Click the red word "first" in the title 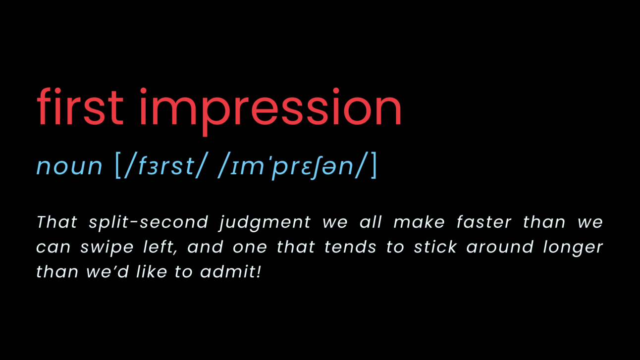pos(80,107)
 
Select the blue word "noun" pos(69,166)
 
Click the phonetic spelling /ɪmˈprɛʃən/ pos(292,166)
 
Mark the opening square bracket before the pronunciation pos(118,166)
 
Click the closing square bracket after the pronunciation pos(373,166)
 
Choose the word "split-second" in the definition pos(149,222)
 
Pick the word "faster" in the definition pos(483,222)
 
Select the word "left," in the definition pos(160,247)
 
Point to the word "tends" pos(350,247)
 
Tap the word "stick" pos(435,247)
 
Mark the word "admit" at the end pos(228,271)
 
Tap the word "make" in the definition pos(413,222)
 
